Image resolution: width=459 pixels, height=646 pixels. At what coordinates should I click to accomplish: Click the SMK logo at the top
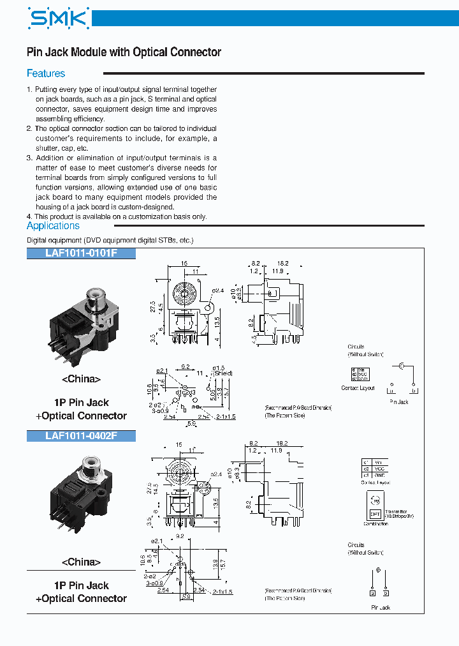pyautogui.click(x=58, y=19)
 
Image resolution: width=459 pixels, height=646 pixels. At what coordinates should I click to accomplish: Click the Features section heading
pyautogui.click(x=46, y=73)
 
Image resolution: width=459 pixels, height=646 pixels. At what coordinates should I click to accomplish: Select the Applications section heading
pyautogui.click(x=53, y=226)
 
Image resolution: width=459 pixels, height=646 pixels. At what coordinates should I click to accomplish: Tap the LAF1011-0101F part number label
pyautogui.click(x=81, y=253)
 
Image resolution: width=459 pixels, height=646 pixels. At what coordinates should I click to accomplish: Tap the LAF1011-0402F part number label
pyautogui.click(x=81, y=436)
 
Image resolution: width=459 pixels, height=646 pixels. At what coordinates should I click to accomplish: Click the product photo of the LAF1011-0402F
pyautogui.click(x=81, y=495)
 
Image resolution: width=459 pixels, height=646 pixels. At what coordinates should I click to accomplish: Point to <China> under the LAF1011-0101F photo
pyautogui.click(x=81, y=379)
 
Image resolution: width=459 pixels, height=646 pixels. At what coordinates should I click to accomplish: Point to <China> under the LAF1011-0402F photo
pyautogui.click(x=81, y=562)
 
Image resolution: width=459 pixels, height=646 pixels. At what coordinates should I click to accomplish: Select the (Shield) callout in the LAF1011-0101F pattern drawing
pyautogui.click(x=222, y=373)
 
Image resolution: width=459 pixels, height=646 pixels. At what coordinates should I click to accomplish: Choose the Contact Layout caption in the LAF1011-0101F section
pyautogui.click(x=358, y=388)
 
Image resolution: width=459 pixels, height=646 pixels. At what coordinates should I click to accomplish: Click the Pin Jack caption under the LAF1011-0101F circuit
pyautogui.click(x=399, y=402)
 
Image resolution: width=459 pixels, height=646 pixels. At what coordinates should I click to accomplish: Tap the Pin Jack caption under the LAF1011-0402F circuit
pyautogui.click(x=381, y=608)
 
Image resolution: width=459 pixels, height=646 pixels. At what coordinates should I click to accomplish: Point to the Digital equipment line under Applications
pyautogui.click(x=110, y=240)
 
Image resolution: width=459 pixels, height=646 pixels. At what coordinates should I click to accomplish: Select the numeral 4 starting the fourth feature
pyautogui.click(x=29, y=216)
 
